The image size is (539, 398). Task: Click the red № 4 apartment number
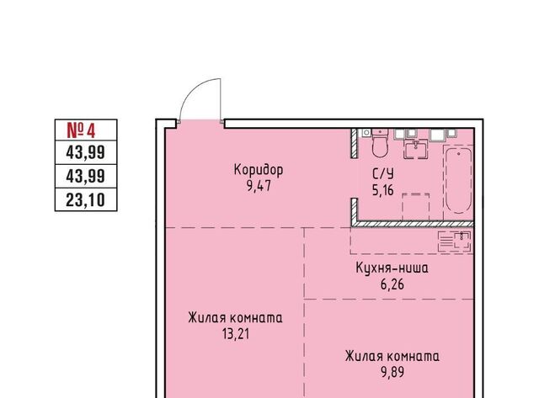(x=81, y=130)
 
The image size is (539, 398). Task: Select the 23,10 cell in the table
(x=86, y=200)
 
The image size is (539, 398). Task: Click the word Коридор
(x=259, y=170)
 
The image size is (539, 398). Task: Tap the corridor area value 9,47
(x=259, y=186)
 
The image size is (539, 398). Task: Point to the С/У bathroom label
(x=383, y=174)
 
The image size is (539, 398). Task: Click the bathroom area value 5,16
(x=383, y=190)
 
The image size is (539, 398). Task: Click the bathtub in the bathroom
(x=458, y=180)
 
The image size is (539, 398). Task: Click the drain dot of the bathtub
(x=458, y=153)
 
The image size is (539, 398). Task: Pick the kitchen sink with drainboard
(x=455, y=241)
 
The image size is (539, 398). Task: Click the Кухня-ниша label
(x=392, y=268)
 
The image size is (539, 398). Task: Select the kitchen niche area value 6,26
(x=392, y=284)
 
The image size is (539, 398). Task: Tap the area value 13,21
(x=236, y=334)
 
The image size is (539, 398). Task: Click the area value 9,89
(x=392, y=372)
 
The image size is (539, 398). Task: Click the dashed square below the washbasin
(x=415, y=207)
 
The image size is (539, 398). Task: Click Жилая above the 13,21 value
(x=205, y=318)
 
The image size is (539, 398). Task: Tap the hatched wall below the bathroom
(x=413, y=224)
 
